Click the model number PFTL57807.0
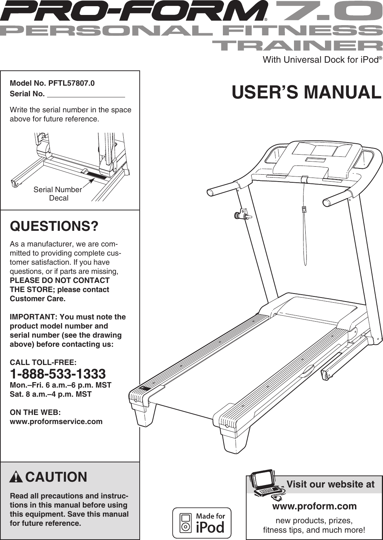[x=71, y=83]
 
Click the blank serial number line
[x=86, y=94]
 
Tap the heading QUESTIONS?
[x=54, y=226]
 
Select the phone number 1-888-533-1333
[x=58, y=374]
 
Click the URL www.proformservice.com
[x=56, y=421]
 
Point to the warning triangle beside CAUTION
[x=16, y=477]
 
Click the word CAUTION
[x=56, y=477]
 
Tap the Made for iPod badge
[x=202, y=523]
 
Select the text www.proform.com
[x=314, y=506]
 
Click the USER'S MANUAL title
[x=306, y=92]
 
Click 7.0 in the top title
[x=328, y=11]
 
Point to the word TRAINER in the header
[x=297, y=46]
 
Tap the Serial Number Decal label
[x=58, y=194]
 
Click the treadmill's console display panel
[x=321, y=149]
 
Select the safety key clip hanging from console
[x=304, y=209]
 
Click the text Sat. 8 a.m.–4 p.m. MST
[x=50, y=394]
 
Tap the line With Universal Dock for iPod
[x=321, y=60]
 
